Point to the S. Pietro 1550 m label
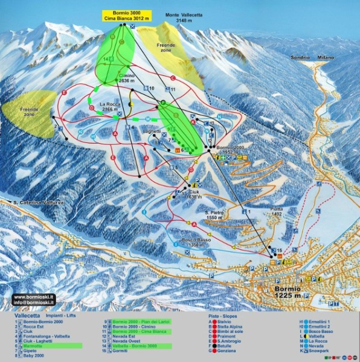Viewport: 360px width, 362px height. pyautogui.click(x=214, y=216)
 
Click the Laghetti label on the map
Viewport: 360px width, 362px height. pyautogui.click(x=152, y=131)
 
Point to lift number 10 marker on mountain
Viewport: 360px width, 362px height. pyautogui.click(x=152, y=89)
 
